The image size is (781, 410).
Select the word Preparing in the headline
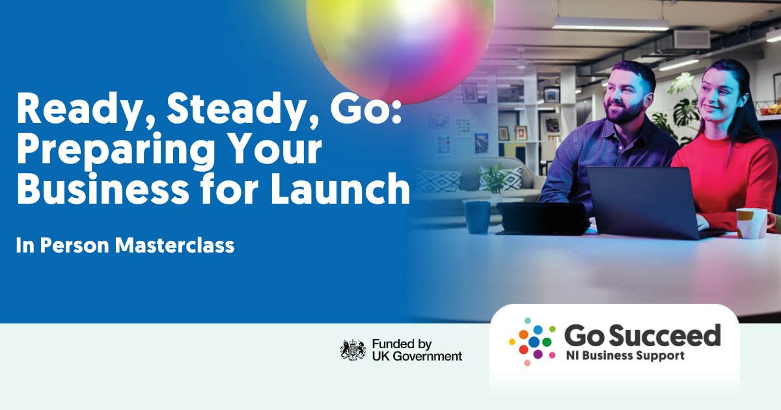tap(115, 150)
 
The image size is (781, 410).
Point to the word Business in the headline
tap(103, 188)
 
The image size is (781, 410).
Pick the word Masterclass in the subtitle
tap(174, 245)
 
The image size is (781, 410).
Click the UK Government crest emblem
tap(353, 349)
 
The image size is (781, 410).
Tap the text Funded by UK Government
tap(417, 350)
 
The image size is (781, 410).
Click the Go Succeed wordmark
tap(642, 335)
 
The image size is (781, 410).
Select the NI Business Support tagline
tap(625, 355)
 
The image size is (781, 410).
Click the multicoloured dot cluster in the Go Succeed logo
tap(532, 342)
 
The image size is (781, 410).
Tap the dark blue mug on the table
tap(478, 217)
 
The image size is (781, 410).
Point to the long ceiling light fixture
tap(610, 23)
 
